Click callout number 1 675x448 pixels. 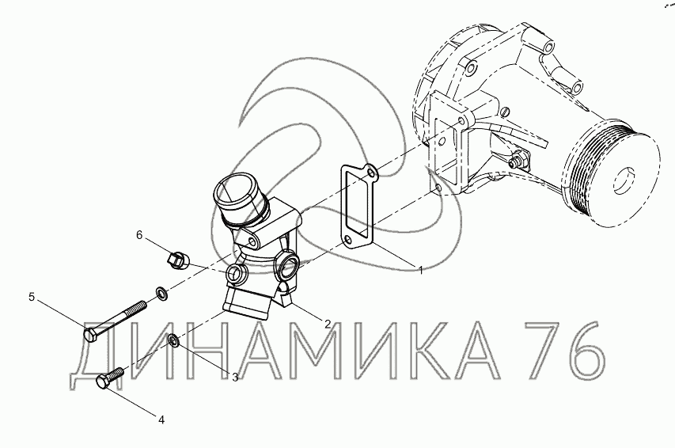point(421,271)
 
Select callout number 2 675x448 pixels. point(328,324)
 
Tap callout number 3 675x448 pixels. point(235,378)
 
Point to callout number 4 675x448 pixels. point(161,420)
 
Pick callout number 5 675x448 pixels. point(32,297)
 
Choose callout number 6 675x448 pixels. point(139,235)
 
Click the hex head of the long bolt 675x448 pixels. point(91,335)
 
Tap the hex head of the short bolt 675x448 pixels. point(104,382)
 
